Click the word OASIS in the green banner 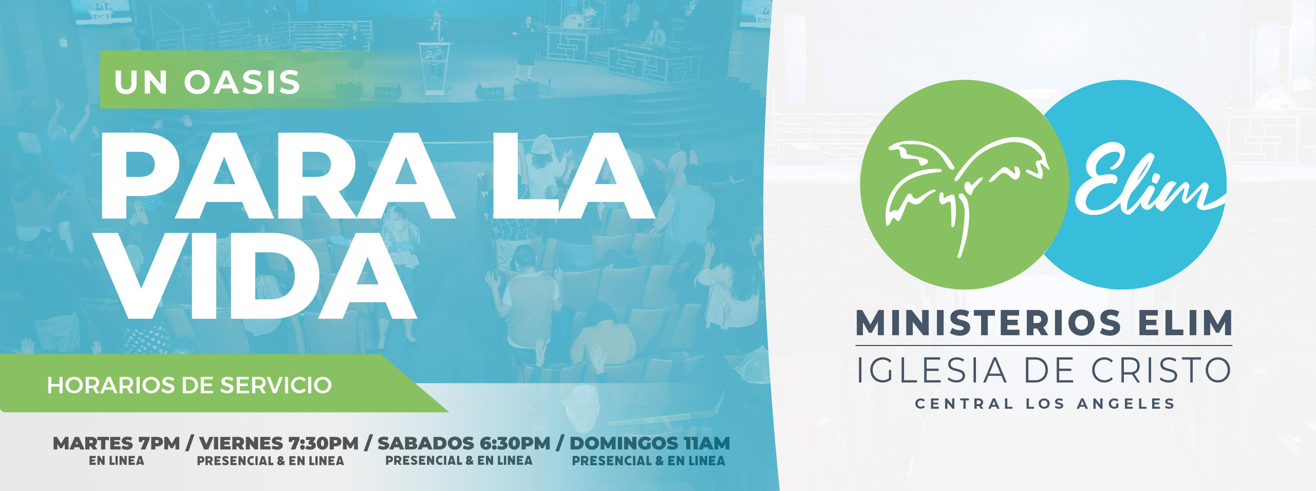[x=242, y=83]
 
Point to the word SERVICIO [x=276, y=386]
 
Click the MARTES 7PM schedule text [x=116, y=444]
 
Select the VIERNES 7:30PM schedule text [x=279, y=444]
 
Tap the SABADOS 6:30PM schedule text [x=464, y=444]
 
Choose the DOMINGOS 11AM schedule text [x=650, y=444]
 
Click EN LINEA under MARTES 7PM [x=116, y=461]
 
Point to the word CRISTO [x=1161, y=371]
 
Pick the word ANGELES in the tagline [x=1126, y=404]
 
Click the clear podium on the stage [x=435, y=66]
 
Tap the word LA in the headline [x=571, y=176]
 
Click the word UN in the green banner [x=141, y=83]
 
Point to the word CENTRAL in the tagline [x=964, y=404]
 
